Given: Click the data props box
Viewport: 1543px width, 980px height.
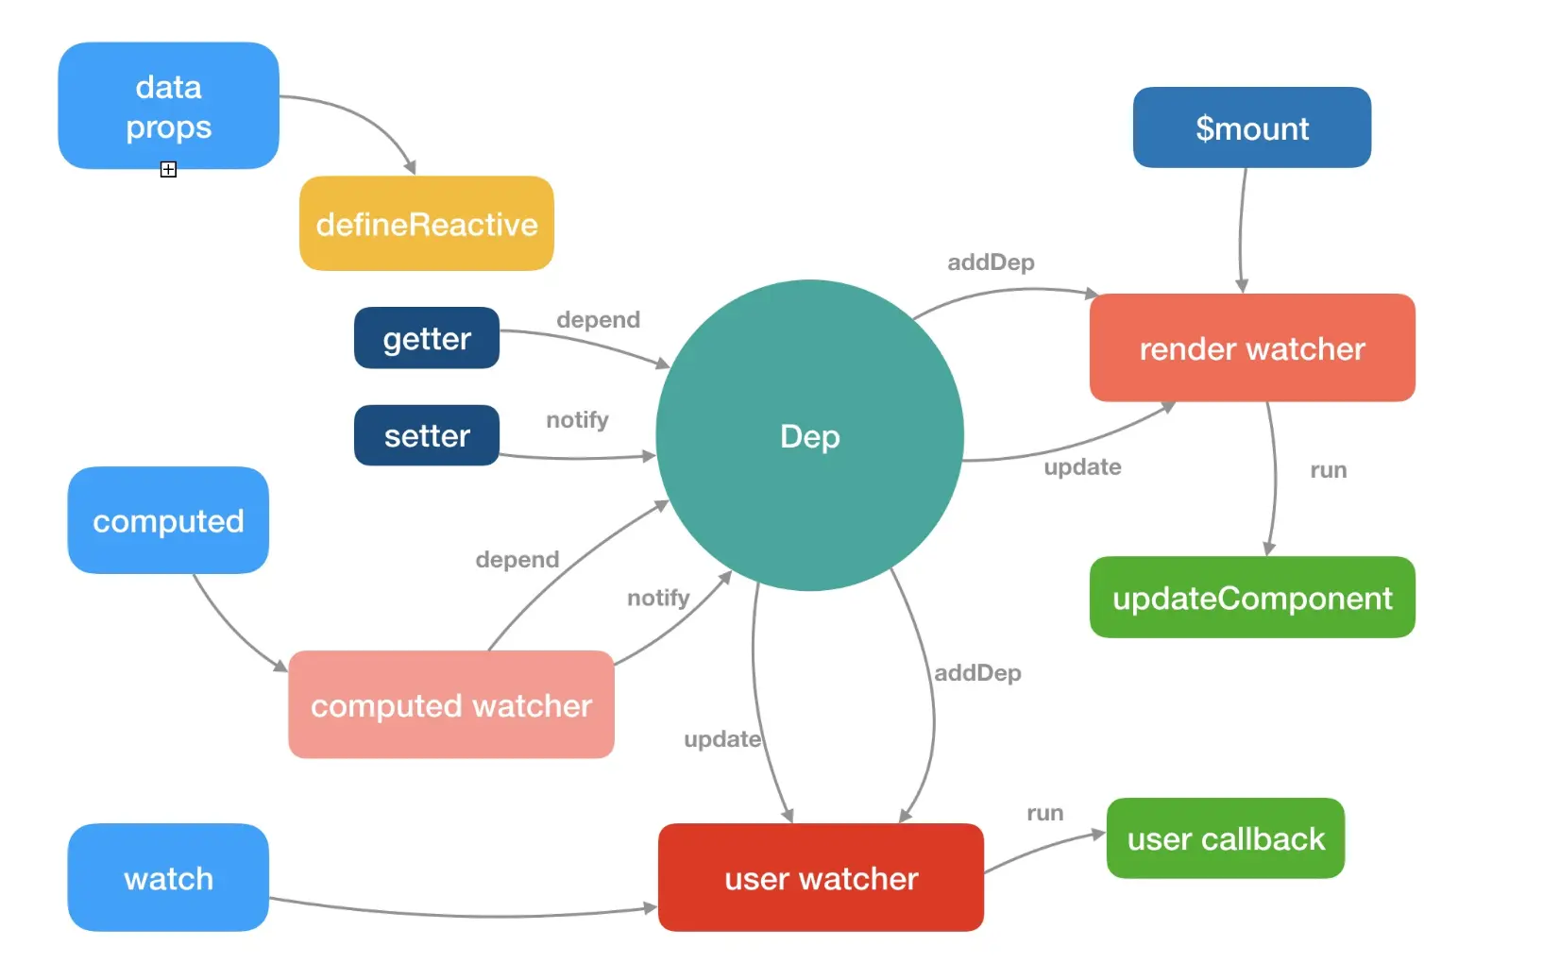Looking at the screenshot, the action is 169,106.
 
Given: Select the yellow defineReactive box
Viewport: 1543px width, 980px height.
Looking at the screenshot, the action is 427,223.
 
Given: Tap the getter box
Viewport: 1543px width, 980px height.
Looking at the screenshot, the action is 427,337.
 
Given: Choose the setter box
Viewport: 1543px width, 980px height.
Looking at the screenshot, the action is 427,435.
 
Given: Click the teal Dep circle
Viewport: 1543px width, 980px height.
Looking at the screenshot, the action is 809,435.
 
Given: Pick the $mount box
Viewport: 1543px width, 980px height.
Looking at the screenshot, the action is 1251,127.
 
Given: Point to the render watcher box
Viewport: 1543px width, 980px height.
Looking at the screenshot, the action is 1252,347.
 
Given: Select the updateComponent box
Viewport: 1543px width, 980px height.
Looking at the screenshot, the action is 1252,597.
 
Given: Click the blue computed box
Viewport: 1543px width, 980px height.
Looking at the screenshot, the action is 168,520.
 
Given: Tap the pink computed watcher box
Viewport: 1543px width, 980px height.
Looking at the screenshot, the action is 451,704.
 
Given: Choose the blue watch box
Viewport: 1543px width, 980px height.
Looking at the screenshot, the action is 168,877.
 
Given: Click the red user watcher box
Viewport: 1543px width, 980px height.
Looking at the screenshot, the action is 822,877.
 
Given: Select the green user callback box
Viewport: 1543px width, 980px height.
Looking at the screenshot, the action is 1226,838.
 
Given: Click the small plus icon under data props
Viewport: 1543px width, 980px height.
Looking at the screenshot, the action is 168,169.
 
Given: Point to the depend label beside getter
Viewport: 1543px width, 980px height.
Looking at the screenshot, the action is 598,319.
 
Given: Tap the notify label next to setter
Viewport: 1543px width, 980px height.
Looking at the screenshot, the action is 577,419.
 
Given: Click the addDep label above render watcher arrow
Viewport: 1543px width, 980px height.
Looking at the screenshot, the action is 991,262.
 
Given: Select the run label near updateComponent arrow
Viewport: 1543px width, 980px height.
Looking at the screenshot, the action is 1328,470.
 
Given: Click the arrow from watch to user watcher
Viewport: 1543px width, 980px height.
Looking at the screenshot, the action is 463,916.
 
